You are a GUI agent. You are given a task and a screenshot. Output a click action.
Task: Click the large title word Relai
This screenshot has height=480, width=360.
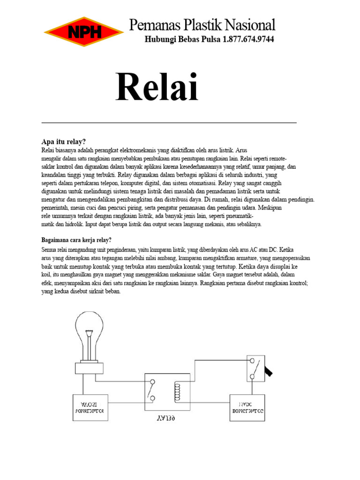click(x=157, y=88)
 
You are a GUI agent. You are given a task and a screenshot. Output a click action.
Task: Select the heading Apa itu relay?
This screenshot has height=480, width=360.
click(x=64, y=142)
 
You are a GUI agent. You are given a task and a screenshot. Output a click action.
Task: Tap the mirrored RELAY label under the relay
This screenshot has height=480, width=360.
click(x=167, y=417)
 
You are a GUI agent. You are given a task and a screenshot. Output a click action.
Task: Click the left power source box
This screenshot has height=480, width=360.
click(x=89, y=407)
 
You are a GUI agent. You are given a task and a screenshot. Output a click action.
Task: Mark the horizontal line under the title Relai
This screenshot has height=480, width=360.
click(x=169, y=123)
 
